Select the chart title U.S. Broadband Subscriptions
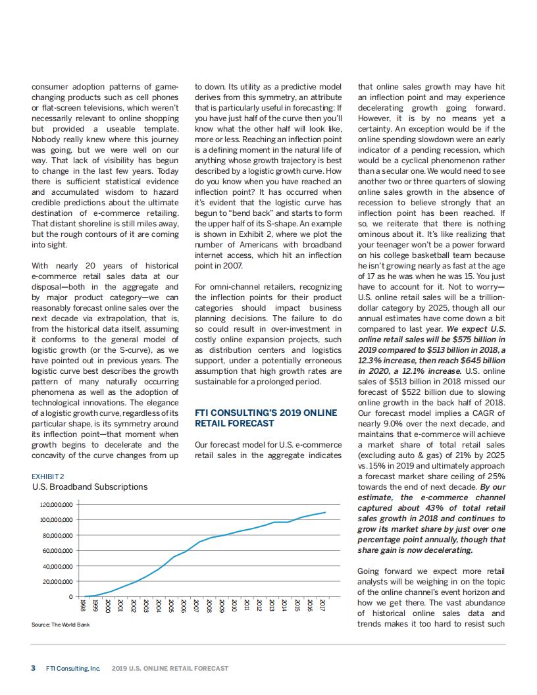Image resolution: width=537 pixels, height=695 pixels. coord(89,487)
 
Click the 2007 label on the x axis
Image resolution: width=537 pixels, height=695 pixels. coord(196,605)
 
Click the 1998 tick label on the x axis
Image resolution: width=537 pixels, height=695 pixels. coord(82,605)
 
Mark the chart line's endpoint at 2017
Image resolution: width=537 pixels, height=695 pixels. coord(325,512)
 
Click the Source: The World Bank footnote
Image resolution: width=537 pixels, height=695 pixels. coord(61,625)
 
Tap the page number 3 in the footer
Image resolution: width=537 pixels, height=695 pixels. coord(34,668)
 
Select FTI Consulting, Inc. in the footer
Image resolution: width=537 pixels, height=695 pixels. coord(73,668)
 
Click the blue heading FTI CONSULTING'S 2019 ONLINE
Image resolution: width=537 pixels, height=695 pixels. coord(266,413)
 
